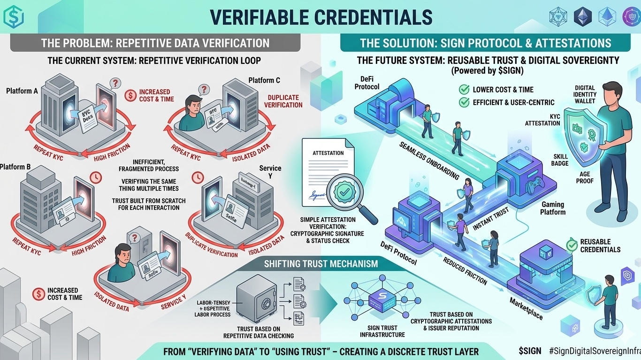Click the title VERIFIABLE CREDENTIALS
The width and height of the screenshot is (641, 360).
click(320, 17)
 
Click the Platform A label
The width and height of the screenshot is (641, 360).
click(22, 91)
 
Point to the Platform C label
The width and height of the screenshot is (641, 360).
click(264, 80)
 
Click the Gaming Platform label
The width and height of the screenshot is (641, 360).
click(553, 208)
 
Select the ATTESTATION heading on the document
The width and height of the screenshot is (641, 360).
click(328, 153)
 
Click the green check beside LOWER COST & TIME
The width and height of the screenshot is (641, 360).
click(464, 89)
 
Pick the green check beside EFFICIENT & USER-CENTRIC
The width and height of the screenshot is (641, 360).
click(464, 102)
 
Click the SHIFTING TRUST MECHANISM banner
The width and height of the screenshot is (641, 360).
click(320, 264)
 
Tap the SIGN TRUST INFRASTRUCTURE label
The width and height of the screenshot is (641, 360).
click(382, 331)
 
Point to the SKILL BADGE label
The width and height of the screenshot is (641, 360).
click(561, 160)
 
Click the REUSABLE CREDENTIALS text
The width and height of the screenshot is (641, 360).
click(600, 245)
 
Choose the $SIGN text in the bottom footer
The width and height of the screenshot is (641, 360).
click(530, 350)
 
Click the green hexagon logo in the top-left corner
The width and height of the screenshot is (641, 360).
click(14, 17)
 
